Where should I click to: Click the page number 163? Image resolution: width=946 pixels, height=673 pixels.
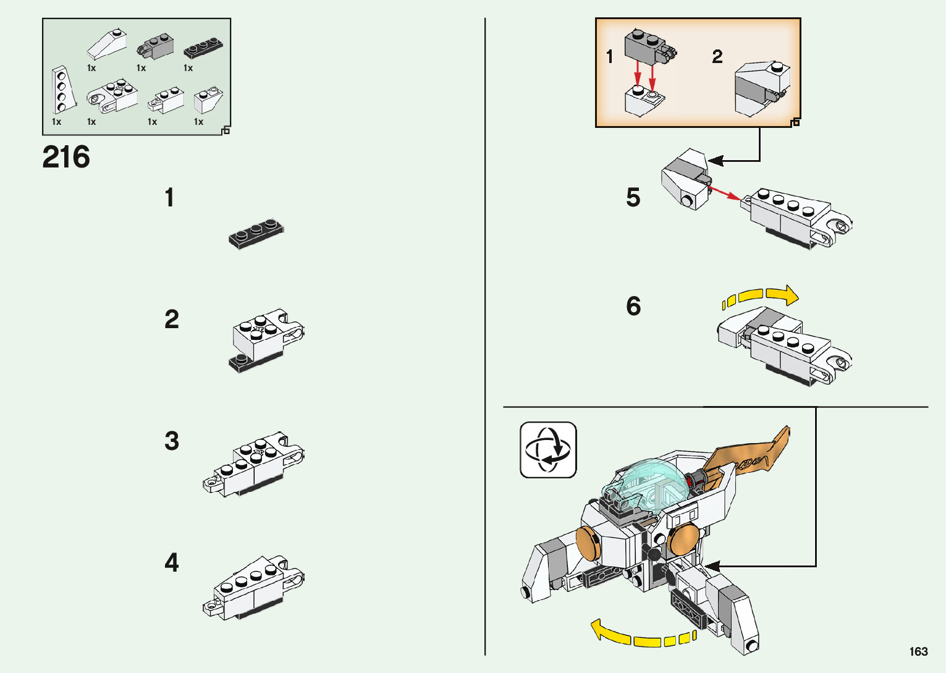(x=918, y=651)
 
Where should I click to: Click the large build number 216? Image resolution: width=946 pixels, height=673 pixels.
(x=66, y=158)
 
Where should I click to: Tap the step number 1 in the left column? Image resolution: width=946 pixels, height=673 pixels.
(x=169, y=198)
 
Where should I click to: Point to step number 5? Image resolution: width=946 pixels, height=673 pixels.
(x=633, y=198)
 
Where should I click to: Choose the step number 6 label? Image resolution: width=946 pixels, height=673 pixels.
(x=633, y=307)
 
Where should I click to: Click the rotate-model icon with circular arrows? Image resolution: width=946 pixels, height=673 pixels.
(x=547, y=450)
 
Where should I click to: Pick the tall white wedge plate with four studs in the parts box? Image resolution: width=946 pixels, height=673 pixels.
(x=62, y=90)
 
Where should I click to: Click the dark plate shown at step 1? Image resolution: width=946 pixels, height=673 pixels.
(x=256, y=234)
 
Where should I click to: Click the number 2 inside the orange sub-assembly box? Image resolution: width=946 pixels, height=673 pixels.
(x=717, y=57)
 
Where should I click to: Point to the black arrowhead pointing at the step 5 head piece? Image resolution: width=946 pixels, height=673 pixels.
(x=716, y=161)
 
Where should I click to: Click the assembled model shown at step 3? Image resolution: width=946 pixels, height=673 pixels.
(x=253, y=465)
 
